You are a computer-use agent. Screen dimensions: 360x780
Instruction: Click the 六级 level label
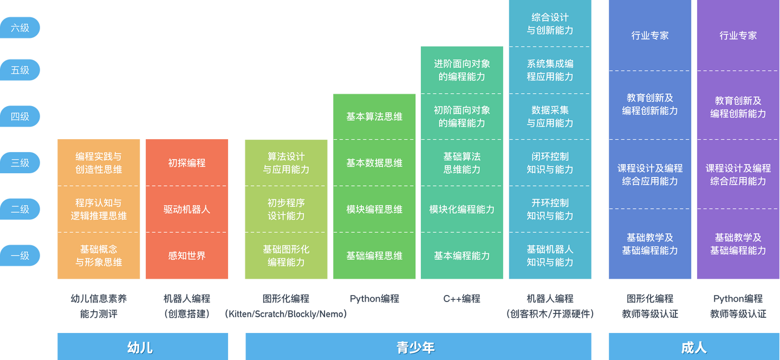(20, 28)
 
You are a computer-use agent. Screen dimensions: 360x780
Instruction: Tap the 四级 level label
(20, 116)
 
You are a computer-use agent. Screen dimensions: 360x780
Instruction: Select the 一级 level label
(20, 256)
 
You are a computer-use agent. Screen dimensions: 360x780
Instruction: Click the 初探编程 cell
(187, 163)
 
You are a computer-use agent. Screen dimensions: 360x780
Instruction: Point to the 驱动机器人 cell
(187, 209)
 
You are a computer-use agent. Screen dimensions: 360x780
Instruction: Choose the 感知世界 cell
(187, 256)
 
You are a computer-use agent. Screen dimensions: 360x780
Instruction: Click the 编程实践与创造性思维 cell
(99, 163)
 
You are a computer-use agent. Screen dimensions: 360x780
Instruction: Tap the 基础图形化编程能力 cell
(286, 256)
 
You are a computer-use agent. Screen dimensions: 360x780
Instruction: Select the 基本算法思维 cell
(374, 116)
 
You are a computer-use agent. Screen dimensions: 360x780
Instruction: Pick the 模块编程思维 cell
(374, 209)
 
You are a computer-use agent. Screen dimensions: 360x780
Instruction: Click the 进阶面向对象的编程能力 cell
(461, 70)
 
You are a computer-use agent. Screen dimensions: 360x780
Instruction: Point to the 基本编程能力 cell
(461, 256)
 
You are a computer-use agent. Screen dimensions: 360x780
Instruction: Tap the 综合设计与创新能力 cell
(550, 24)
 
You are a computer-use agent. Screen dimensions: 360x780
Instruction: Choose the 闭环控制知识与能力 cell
(550, 163)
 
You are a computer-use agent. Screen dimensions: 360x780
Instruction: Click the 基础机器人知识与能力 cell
(550, 256)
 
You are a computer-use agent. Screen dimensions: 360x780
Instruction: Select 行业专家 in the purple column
(738, 36)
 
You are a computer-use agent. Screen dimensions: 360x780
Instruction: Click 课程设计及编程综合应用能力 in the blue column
(650, 174)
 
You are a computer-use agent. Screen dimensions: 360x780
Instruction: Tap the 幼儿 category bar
(142, 346)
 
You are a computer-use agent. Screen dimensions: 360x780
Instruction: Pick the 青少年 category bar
(418, 346)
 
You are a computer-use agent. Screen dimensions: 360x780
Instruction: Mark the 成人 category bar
(694, 346)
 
